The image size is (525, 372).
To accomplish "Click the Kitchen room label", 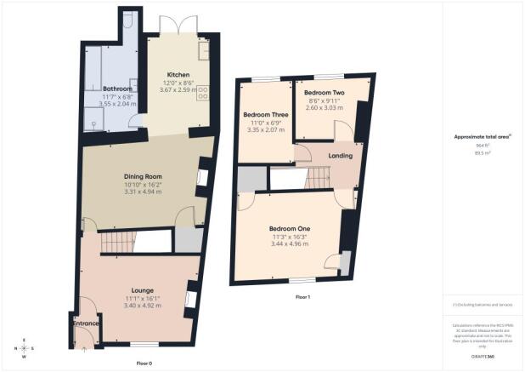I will point(178,74).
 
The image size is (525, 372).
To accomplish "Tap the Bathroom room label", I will point(117,88).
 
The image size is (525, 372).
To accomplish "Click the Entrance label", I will point(87,323).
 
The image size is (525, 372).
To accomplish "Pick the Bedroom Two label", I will point(324,92).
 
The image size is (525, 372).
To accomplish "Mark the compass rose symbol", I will point(25,349).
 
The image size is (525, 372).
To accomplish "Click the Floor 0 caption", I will point(144,363).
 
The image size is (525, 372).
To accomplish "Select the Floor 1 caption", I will point(302,297).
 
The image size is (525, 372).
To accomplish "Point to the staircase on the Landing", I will point(318,179).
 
